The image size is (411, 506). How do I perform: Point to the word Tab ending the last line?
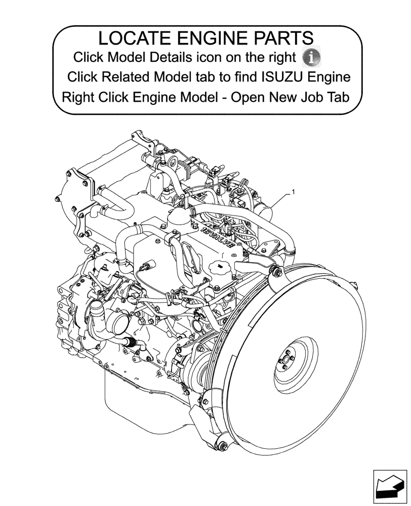coord(337,96)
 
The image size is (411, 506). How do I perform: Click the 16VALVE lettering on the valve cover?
coord(218,237)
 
